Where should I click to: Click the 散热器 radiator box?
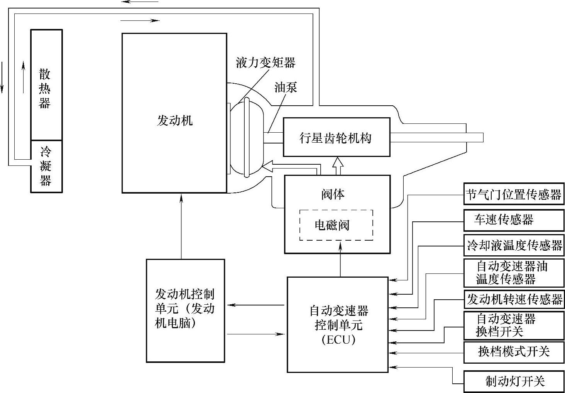coord(46,85)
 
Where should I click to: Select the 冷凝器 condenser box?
coord(46,166)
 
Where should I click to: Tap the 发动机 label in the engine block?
coord(174,121)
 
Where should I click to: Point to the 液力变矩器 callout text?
coord(266,62)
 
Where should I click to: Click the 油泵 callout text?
coord(286,87)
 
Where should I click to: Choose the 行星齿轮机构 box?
coord(336,137)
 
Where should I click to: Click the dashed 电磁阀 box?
coord(336,225)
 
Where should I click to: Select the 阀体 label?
coord(333,194)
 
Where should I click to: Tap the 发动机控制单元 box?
coord(185,310)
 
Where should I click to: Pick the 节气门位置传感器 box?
coord(514,194)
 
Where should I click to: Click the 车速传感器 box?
coord(514,220)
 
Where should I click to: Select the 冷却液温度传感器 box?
coord(514,245)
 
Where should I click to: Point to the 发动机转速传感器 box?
coord(514,299)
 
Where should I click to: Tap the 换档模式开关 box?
coord(514,351)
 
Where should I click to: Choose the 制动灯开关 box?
coord(514,381)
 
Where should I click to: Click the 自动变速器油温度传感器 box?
coord(514,273)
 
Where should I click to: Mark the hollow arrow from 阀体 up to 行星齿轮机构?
coord(338,166)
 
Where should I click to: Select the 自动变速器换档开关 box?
coord(514,325)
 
